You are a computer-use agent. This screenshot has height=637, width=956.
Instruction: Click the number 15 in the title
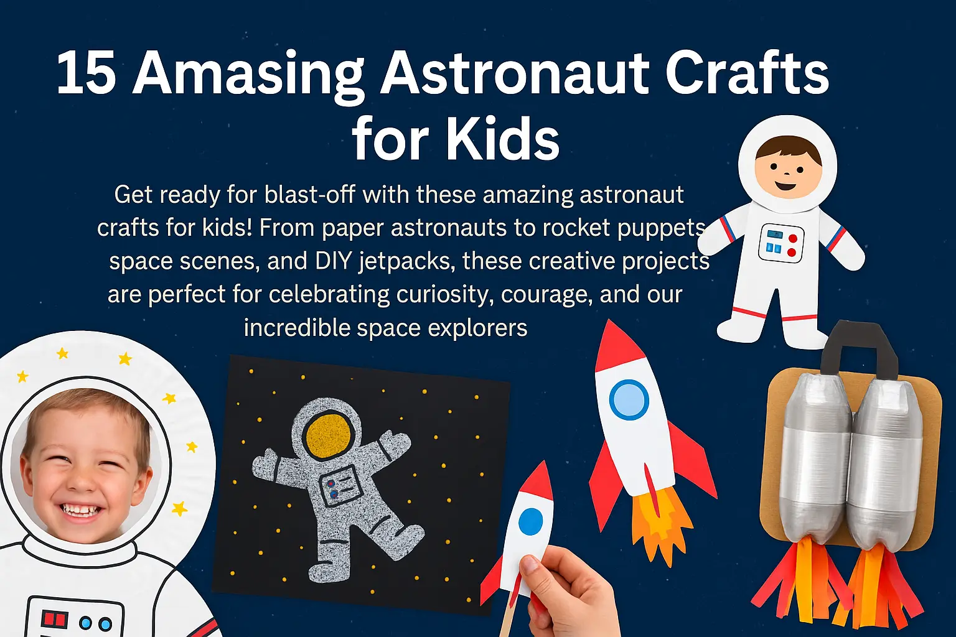tap(86, 73)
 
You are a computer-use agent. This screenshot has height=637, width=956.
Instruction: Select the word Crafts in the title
tap(747, 73)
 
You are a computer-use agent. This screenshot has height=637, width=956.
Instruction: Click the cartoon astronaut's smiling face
tap(787, 169)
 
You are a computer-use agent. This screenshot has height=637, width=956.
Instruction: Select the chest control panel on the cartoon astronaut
tap(780, 243)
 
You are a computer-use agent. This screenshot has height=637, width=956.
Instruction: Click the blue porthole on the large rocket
tap(629, 399)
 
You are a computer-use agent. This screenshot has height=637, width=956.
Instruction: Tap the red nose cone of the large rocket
tap(612, 346)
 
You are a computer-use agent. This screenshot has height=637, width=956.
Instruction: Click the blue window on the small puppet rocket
tap(530, 521)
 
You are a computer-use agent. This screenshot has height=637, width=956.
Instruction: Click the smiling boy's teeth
tap(82, 511)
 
